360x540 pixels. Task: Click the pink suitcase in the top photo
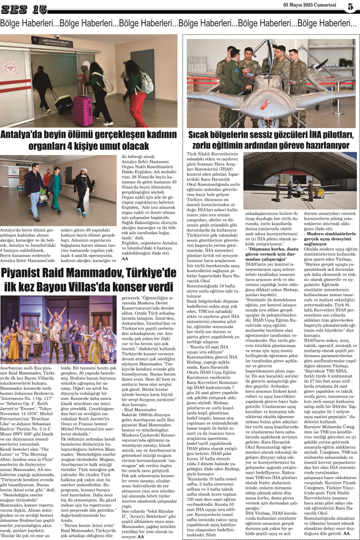click(83, 110)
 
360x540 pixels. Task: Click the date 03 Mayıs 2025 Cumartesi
click(310, 5)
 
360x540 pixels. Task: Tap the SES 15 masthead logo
click(24, 9)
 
